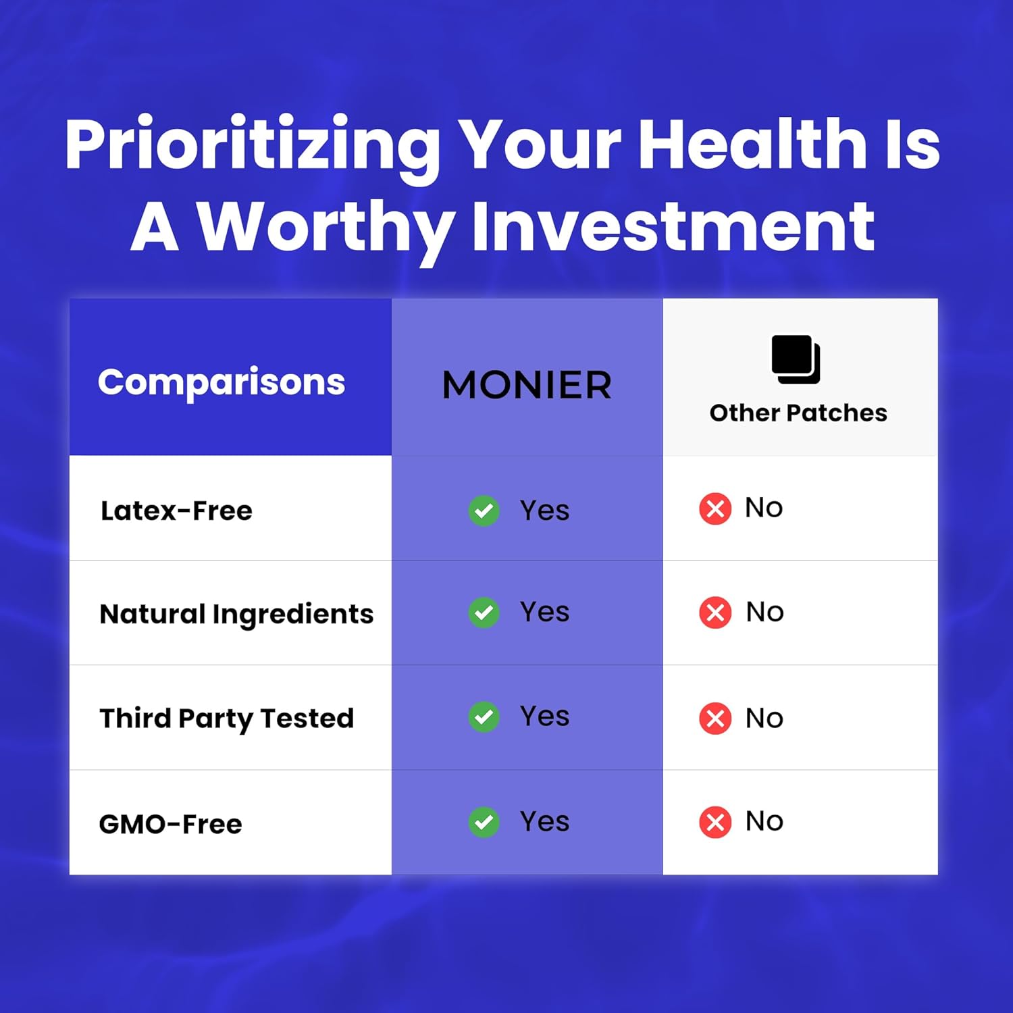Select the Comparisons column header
coord(222,383)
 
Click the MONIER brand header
coord(527,385)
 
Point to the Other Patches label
coord(798,413)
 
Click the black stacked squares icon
coord(796,359)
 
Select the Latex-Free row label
coord(176,511)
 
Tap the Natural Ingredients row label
coord(236,615)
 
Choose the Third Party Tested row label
coord(227,719)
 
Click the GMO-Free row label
coord(170,824)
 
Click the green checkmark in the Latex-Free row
coord(484,511)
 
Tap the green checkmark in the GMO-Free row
coord(484,822)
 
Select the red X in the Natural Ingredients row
coord(715,613)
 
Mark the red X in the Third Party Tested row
coord(715,718)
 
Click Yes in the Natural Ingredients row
coord(544,612)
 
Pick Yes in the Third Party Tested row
coord(544,716)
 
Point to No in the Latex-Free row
coord(764,508)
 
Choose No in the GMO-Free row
coord(764,821)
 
